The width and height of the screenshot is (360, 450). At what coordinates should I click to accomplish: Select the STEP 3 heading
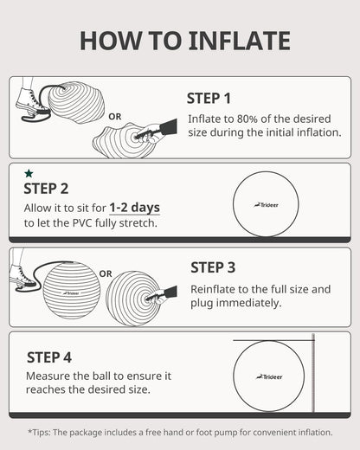tap(219, 267)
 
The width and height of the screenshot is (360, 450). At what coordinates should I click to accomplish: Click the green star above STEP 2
tap(29, 173)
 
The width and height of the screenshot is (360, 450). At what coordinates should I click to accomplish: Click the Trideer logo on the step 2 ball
tap(265, 204)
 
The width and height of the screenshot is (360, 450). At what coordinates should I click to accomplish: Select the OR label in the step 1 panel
tap(115, 115)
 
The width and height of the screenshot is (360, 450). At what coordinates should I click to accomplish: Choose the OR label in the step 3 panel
tap(106, 273)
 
